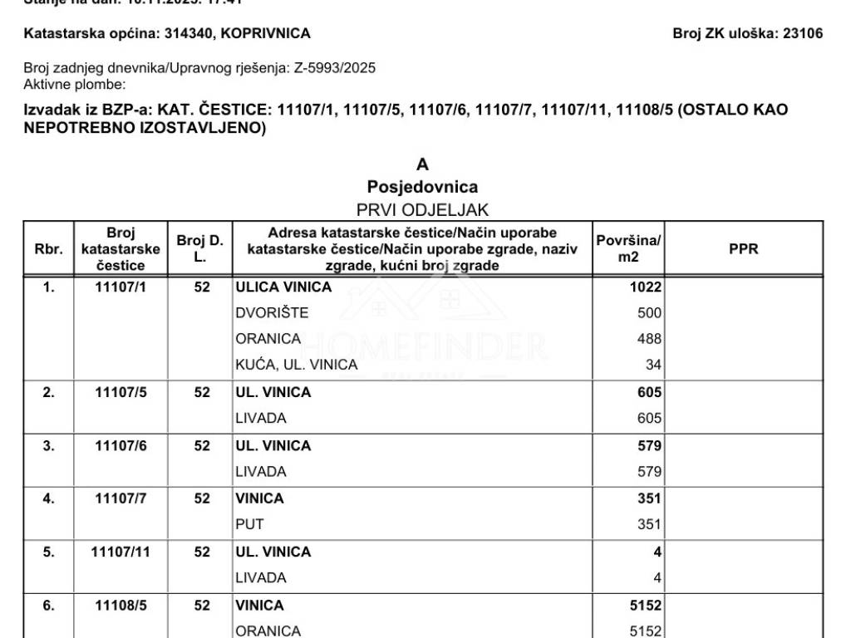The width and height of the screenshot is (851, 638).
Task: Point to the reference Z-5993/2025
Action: tap(334, 68)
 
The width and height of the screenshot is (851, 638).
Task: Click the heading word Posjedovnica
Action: tap(422, 187)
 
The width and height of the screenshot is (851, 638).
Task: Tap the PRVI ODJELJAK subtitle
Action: tap(422, 210)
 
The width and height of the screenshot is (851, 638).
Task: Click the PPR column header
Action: tap(743, 249)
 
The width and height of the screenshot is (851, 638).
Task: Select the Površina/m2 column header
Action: tap(628, 249)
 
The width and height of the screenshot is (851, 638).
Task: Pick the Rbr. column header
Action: tap(48, 249)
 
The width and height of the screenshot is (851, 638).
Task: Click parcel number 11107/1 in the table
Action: tap(121, 287)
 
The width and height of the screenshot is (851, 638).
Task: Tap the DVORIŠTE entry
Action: tap(272, 313)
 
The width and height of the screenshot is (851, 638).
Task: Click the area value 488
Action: tap(649, 339)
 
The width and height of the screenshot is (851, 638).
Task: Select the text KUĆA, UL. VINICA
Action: tap(297, 365)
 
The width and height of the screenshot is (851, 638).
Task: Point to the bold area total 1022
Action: tap(646, 287)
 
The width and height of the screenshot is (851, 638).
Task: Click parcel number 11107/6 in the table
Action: tap(121, 446)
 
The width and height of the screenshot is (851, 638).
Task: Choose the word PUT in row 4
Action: tap(249, 525)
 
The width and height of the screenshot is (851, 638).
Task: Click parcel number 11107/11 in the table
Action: tap(121, 552)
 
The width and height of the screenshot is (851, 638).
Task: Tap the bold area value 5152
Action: tap(646, 606)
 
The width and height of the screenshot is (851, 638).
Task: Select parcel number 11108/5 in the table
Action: tap(121, 606)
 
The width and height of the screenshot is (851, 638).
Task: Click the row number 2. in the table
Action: tap(48, 393)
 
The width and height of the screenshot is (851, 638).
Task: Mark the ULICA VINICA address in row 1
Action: tap(283, 287)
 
